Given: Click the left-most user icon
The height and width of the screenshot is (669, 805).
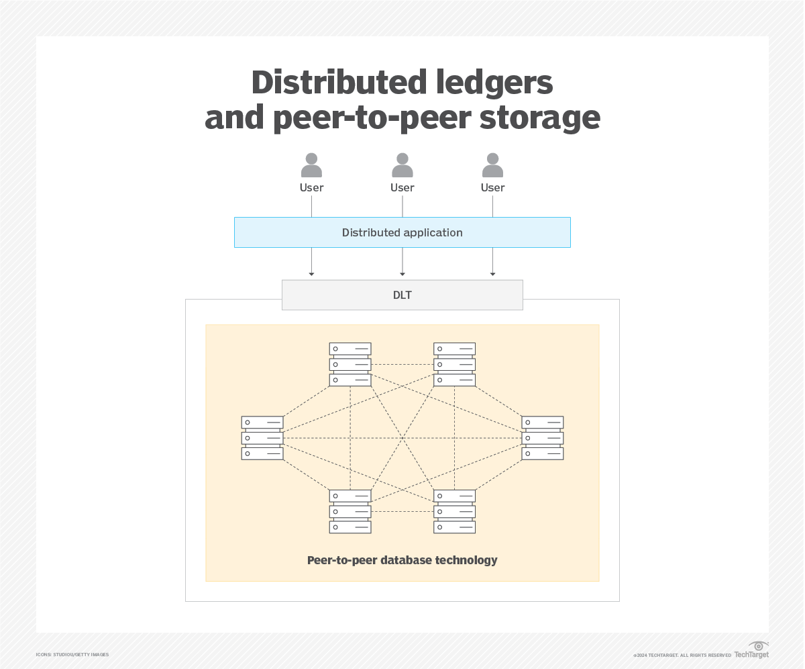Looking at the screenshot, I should tap(311, 165).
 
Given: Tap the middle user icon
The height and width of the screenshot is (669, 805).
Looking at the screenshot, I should tap(402, 165).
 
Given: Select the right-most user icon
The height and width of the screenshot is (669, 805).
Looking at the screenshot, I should tap(492, 165).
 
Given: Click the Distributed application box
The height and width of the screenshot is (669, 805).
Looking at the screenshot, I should tap(402, 232).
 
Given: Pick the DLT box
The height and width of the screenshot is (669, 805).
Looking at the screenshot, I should tap(402, 295).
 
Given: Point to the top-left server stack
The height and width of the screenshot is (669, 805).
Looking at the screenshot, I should tap(350, 364).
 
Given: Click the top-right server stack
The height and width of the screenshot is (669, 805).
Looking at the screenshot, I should tap(455, 364).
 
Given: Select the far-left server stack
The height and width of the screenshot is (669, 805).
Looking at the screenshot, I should tap(262, 438).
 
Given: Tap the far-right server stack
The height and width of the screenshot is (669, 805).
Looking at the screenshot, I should tap(543, 438).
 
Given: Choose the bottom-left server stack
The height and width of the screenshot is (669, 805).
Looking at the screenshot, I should tap(350, 511).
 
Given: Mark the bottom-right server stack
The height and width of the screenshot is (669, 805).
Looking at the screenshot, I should tap(455, 511).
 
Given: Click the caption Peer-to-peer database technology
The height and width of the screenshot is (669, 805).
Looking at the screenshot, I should tap(402, 560).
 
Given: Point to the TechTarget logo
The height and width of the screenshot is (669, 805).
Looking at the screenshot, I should tap(752, 651).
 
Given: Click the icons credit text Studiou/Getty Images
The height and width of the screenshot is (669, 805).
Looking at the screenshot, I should tap(72, 654).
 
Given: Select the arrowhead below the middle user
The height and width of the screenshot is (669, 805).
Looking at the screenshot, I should tap(402, 273).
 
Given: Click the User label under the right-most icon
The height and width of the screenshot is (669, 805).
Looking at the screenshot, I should tap(492, 188).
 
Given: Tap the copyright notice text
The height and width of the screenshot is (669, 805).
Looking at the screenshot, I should tap(682, 655).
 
